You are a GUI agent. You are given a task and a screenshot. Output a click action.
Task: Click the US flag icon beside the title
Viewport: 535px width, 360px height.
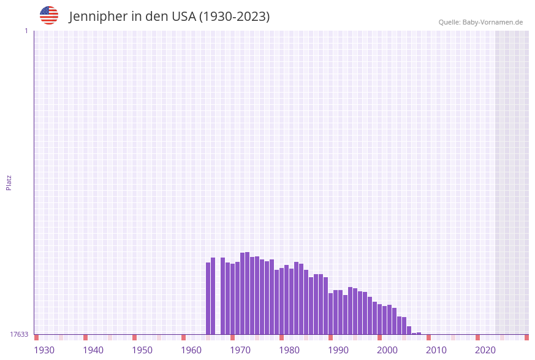coord(49,15)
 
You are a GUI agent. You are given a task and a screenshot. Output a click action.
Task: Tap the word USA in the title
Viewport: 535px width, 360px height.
coord(184,17)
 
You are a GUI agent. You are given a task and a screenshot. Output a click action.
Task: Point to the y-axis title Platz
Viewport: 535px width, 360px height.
coord(9,182)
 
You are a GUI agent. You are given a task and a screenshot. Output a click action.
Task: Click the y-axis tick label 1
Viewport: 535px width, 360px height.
coord(26,31)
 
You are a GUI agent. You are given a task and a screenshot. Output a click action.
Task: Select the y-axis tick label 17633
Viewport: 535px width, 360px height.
coord(19,334)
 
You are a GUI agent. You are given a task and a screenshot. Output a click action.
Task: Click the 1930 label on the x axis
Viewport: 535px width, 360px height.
coord(44,350)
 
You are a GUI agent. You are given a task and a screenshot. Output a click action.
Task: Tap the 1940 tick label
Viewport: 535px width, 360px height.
coord(93,350)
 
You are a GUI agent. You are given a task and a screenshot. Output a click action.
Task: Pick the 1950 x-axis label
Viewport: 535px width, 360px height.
coord(142,350)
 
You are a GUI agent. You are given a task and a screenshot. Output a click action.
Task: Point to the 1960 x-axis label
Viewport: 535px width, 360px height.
coord(191,350)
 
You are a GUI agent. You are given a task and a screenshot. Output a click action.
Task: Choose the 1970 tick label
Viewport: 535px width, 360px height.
coord(240,350)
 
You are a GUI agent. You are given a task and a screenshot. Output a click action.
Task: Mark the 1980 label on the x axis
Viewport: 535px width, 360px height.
coord(289,350)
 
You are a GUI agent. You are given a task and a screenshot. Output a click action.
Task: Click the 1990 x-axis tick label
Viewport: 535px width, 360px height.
coord(338,350)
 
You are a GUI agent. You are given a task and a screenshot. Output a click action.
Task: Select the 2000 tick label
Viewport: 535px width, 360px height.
coord(387,350)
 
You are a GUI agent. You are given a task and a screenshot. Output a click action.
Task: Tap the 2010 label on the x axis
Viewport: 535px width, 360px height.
coord(436,350)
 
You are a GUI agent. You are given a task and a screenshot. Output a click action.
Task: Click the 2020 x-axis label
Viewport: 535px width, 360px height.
coord(485,350)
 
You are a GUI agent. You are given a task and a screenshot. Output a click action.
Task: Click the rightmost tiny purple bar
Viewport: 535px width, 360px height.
coord(419,333)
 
